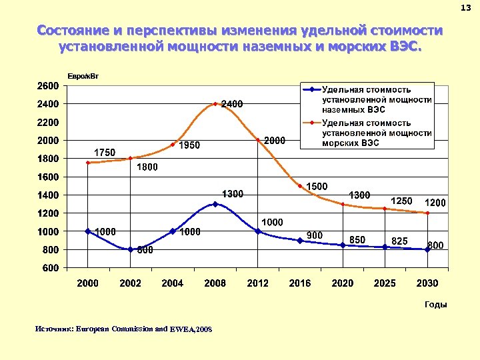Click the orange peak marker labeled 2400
(215, 104)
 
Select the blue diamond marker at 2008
(215, 204)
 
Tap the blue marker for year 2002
(130, 249)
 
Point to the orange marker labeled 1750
(88, 163)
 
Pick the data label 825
(399, 240)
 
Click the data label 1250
(401, 201)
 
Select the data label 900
(315, 235)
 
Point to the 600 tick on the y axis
(50, 268)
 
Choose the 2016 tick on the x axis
(300, 283)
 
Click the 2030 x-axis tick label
(427, 283)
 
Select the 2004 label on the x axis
(173, 283)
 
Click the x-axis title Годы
(435, 305)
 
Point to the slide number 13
(465, 7)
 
